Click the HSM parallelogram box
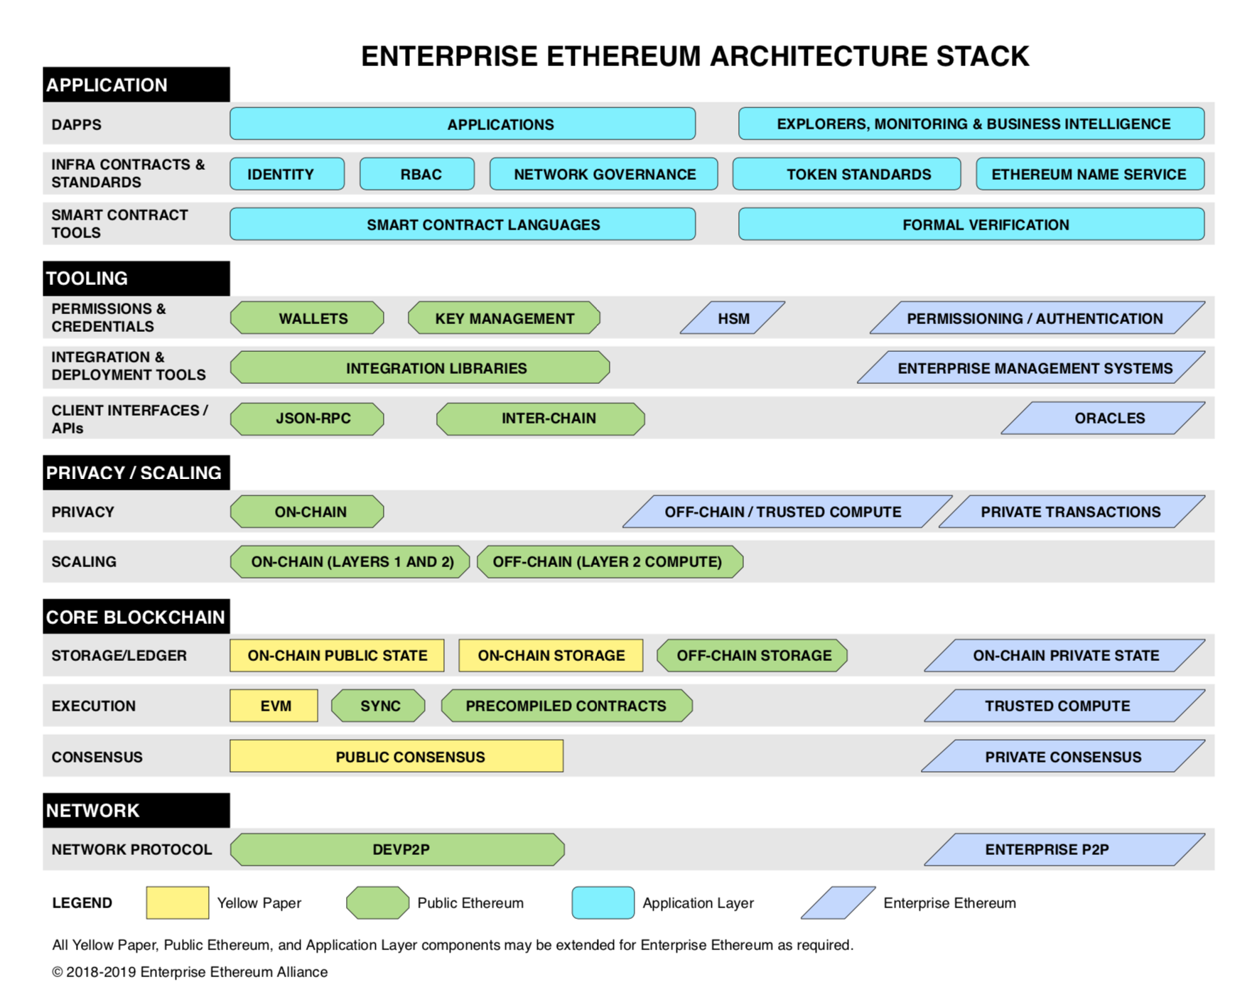[733, 318]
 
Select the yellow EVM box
[274, 706]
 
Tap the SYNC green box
[379, 706]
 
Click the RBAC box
[417, 174]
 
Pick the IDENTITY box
[287, 174]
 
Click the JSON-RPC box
[307, 418]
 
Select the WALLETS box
[307, 318]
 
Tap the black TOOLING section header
[136, 279]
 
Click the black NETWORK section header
[136, 810]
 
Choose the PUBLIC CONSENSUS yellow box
[396, 756]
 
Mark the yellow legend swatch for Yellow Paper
[178, 903]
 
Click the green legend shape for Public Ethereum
[377, 903]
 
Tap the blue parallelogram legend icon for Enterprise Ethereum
[838, 903]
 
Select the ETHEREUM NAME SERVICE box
[1090, 174]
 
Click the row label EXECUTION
[94, 706]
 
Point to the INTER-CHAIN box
[541, 418]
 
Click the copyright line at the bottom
[190, 971]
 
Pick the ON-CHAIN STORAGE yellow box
[551, 655]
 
